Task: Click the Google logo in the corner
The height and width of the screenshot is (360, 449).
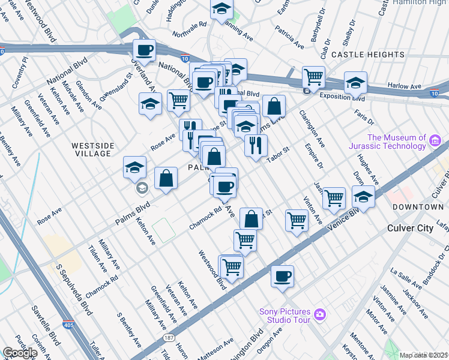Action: pos(20,353)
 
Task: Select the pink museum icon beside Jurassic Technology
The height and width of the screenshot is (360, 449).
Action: pos(435,142)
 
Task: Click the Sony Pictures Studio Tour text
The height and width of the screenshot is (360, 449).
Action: pos(285,315)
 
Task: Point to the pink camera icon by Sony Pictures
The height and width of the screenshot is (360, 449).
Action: pos(320,314)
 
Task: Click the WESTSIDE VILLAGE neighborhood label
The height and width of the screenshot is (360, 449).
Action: pos(91,149)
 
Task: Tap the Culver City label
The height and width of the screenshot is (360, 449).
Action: pos(414,229)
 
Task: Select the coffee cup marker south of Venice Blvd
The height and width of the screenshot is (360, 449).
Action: pos(282,276)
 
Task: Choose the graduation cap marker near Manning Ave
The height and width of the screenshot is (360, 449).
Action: pos(221,9)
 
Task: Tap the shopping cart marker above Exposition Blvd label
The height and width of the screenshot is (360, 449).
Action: pos(313,77)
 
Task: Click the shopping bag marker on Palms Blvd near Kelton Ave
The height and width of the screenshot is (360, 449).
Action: pos(166,178)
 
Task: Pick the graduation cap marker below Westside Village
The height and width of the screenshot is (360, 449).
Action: pos(135,167)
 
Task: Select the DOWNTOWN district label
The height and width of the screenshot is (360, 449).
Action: pos(418,207)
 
